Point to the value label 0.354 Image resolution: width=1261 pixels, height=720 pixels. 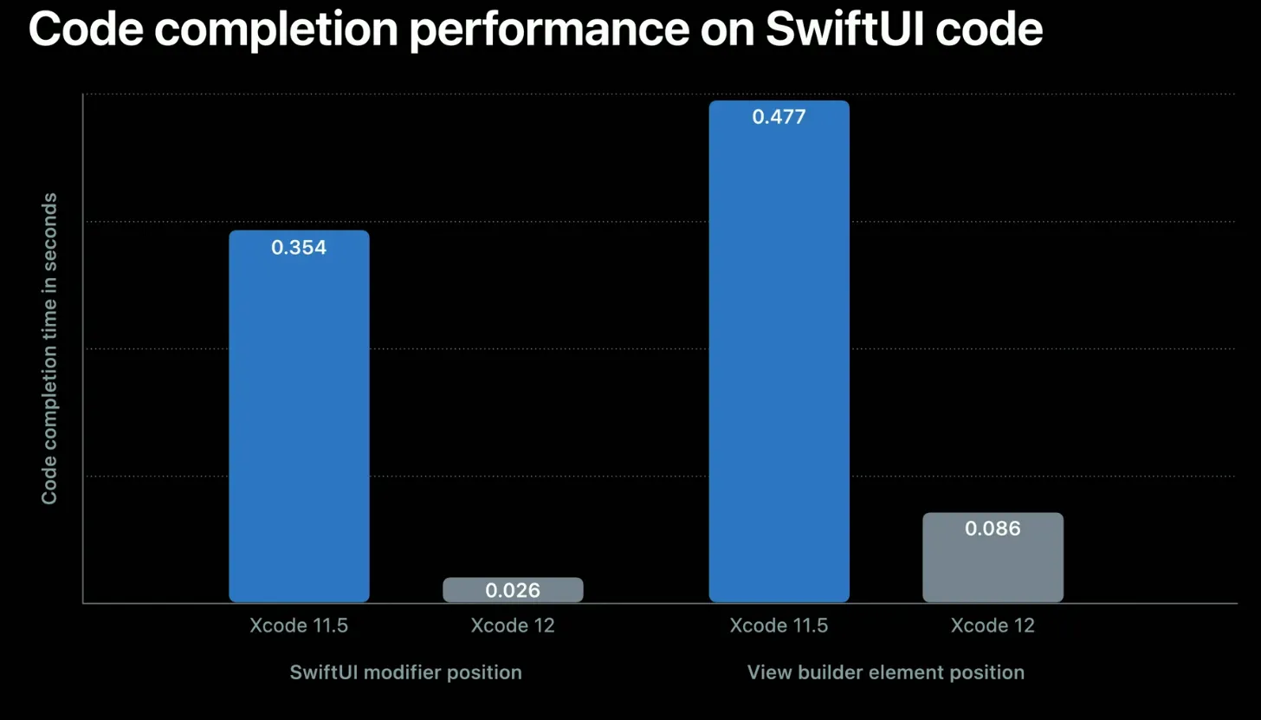click(299, 248)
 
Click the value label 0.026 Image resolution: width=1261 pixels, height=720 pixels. click(513, 591)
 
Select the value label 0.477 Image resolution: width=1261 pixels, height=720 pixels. click(779, 117)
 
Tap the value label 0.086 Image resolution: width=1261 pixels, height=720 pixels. click(993, 529)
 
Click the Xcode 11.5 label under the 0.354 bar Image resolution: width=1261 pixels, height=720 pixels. click(299, 626)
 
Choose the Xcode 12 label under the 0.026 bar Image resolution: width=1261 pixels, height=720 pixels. click(513, 626)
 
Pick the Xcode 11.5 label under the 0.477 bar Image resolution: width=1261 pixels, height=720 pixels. click(779, 626)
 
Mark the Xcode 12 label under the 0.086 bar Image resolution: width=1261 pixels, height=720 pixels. click(993, 626)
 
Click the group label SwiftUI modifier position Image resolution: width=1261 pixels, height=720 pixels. click(405, 672)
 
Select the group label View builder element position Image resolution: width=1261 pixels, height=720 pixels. click(885, 672)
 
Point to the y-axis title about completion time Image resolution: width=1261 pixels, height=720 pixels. click(49, 348)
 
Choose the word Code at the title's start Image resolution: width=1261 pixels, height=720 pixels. click(87, 30)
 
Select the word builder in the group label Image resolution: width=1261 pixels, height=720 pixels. click(818, 672)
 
